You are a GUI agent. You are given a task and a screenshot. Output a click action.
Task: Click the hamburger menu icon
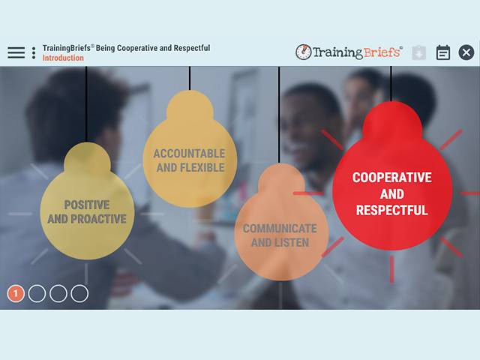point(16,52)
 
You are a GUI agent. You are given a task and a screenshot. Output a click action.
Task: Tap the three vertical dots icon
point(34,52)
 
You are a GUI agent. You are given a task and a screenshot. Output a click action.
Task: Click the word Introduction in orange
point(63,58)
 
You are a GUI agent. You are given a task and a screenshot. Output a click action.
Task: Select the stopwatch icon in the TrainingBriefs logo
point(303,52)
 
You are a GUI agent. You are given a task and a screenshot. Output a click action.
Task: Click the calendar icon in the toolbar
point(443,52)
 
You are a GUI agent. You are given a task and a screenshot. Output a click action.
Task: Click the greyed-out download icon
point(419,52)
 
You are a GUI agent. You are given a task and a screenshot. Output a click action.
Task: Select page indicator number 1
point(16,293)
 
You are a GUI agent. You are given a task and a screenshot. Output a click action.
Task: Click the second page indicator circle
point(37,293)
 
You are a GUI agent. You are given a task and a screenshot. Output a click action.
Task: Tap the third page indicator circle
point(58,293)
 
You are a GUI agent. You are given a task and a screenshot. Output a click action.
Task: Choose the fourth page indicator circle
point(79,293)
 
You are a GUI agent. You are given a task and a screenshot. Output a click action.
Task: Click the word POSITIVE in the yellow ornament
point(86,205)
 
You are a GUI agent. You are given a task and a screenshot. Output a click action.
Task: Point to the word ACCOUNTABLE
point(189,154)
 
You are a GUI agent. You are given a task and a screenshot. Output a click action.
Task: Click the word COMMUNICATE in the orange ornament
point(279,229)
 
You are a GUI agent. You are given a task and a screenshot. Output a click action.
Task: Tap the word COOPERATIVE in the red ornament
point(391,178)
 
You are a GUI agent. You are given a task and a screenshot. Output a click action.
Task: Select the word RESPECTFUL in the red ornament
point(391,211)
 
